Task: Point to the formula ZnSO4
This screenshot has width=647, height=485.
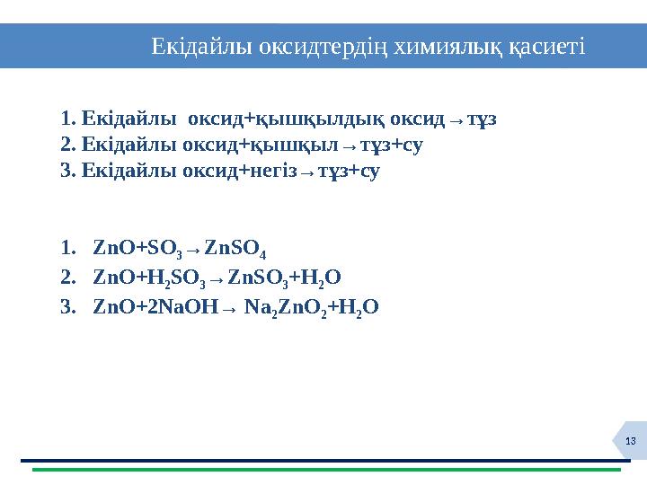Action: point(235,248)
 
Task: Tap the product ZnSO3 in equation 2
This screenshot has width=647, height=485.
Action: point(257,278)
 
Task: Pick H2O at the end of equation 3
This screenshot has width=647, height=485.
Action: point(359,307)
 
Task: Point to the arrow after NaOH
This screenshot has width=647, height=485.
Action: point(229,308)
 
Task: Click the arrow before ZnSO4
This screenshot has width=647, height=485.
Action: point(195,249)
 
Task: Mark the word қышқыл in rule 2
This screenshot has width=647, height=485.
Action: point(295,145)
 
